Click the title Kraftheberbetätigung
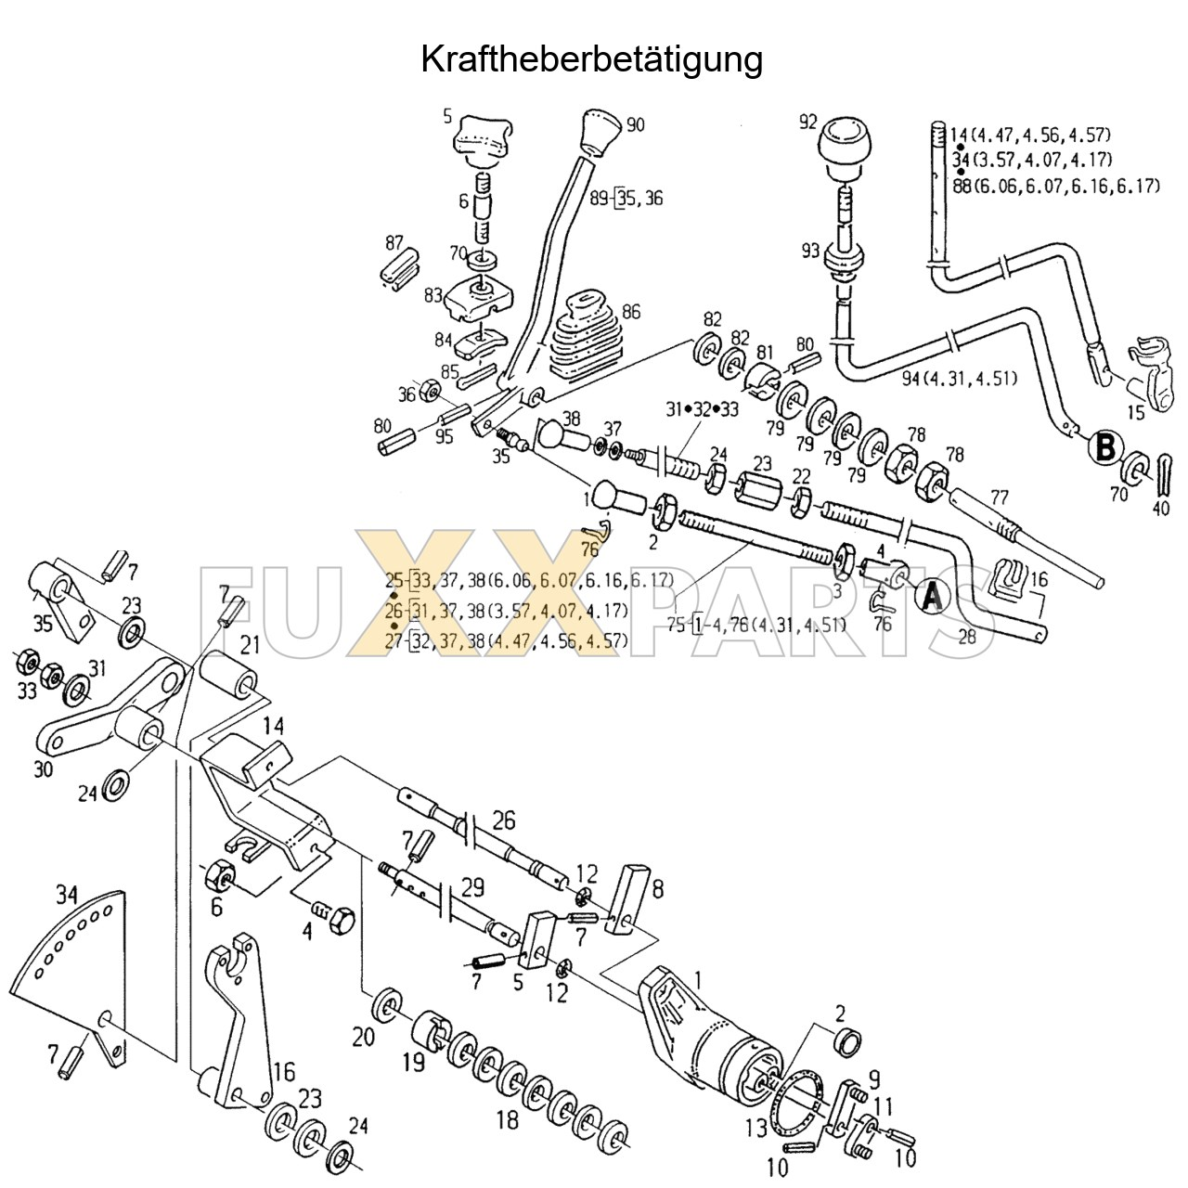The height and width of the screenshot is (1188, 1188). (592, 59)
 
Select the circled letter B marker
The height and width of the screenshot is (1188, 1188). (1104, 447)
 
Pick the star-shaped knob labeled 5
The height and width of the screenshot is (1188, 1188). (481, 138)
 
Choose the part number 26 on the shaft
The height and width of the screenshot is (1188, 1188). (503, 820)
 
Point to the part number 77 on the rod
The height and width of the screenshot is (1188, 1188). (1000, 497)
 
